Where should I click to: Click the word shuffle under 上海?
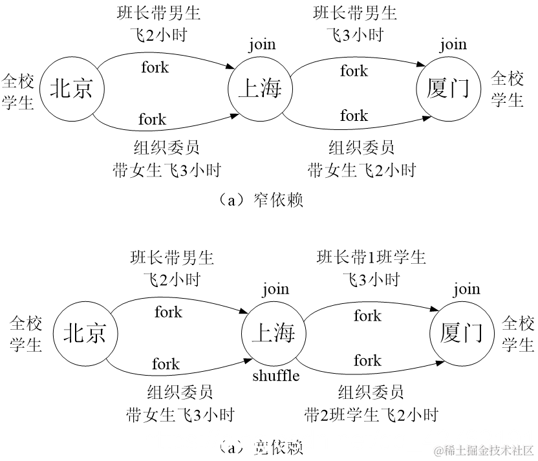(275, 375)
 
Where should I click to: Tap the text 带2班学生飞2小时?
(371, 414)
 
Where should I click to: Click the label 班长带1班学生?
(371, 257)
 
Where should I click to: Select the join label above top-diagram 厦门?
(453, 45)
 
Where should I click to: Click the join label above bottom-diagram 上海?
(275, 290)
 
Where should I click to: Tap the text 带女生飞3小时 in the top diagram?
(167, 170)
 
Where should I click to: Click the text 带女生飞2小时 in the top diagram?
(361, 170)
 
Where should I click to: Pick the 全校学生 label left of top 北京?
(17, 91)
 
